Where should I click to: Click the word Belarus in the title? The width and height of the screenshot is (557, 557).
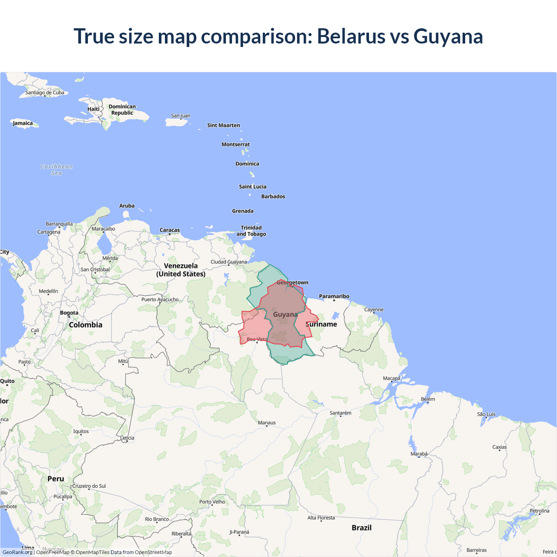point(351,36)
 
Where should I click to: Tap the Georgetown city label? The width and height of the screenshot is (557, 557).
point(292,282)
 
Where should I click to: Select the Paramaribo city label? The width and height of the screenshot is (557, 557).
point(334,296)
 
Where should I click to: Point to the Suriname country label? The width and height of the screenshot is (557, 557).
point(322,324)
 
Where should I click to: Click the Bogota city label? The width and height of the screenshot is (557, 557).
point(69,313)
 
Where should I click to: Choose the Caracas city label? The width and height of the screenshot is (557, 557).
point(170,230)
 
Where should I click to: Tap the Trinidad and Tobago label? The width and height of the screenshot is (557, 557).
point(251,231)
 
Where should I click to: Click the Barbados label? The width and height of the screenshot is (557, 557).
point(273,197)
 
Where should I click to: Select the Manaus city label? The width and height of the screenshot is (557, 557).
point(267,423)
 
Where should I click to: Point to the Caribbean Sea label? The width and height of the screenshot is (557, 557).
point(57,170)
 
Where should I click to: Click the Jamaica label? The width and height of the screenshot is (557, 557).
point(23,123)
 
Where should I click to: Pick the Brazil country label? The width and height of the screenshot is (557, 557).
point(362,528)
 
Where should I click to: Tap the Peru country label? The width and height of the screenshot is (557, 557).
point(56,479)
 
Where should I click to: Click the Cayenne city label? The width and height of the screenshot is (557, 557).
point(374,310)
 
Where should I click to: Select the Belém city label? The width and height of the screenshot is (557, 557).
point(428,399)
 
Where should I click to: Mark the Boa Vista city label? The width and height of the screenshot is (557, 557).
point(257,339)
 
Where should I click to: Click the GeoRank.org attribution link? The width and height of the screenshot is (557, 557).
point(17,552)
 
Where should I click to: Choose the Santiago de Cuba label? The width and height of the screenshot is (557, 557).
point(45,93)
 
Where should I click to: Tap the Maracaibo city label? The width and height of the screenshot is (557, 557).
point(104,229)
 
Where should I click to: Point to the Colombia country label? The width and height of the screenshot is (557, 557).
point(86,325)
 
